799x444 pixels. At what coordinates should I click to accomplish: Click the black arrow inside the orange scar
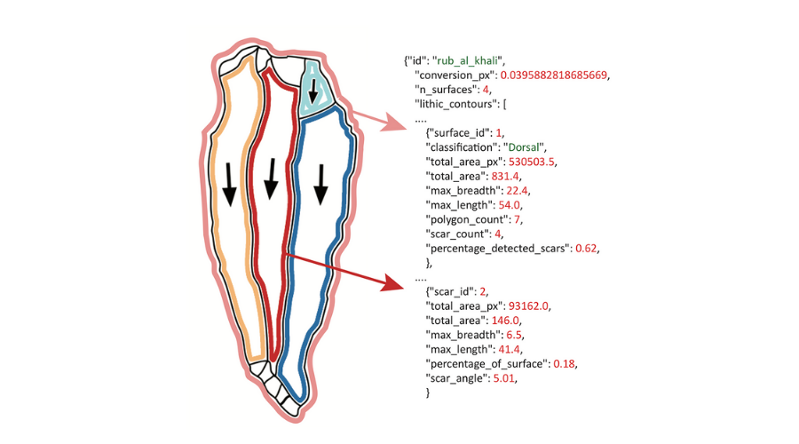coord(229,185)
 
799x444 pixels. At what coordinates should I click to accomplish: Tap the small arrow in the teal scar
coord(312,89)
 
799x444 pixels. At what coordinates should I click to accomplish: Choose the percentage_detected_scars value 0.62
coord(587,249)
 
